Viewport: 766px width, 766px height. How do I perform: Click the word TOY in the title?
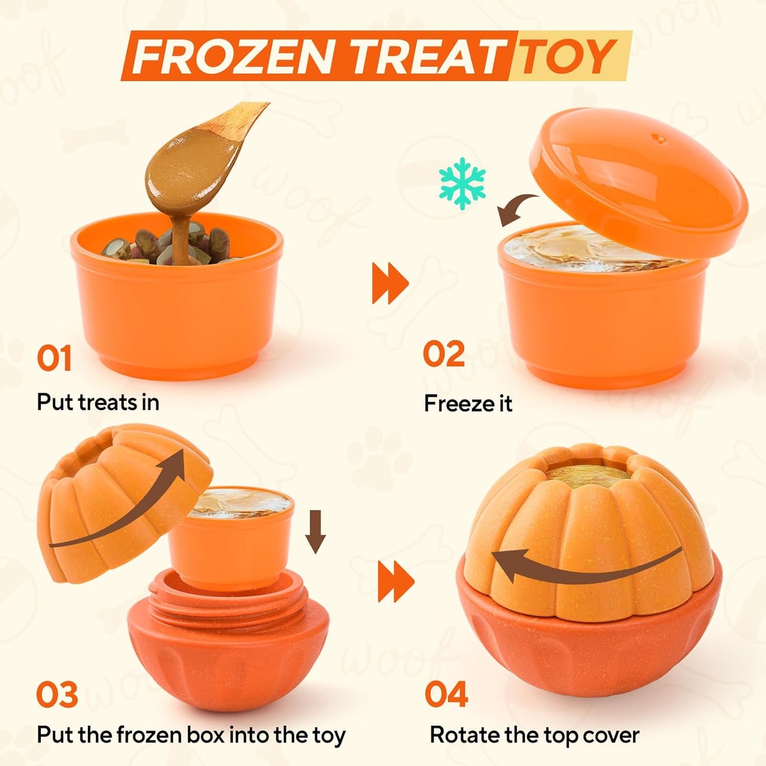[x=568, y=56]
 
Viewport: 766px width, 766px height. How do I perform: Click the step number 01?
[x=54, y=358]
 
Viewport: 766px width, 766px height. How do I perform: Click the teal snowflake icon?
[x=462, y=183]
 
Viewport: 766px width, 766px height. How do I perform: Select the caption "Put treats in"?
[x=98, y=402]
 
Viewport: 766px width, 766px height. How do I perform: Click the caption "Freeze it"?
[x=468, y=403]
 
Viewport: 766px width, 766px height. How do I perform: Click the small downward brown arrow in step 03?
[x=316, y=532]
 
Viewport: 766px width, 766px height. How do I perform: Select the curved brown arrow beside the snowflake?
[x=517, y=209]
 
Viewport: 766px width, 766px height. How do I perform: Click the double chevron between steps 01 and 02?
[x=390, y=283]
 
